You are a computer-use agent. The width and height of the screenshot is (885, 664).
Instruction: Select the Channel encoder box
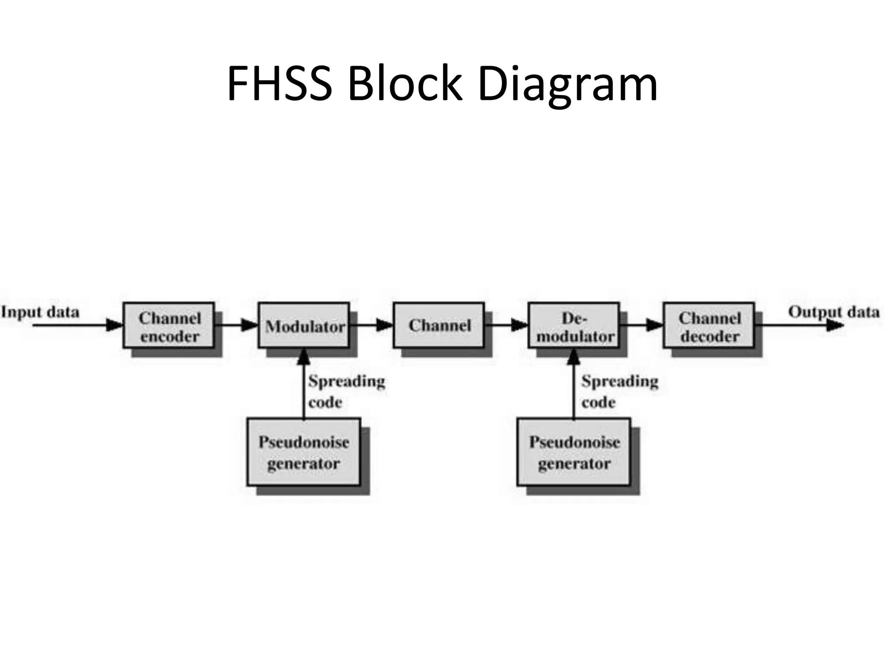point(169,326)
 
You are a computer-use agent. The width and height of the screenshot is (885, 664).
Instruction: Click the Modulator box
point(304,326)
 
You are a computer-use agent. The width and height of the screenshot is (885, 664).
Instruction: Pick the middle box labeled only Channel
point(439,326)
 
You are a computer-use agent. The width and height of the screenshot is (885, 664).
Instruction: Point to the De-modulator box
point(574,326)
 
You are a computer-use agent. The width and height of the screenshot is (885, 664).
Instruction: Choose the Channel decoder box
point(709,326)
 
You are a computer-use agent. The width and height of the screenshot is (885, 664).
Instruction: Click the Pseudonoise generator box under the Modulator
point(304,452)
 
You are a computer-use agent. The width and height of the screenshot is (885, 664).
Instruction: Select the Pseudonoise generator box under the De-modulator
point(574,452)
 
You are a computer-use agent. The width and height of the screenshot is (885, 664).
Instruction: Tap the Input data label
point(40,312)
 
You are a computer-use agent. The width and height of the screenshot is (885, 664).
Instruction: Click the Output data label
point(834,312)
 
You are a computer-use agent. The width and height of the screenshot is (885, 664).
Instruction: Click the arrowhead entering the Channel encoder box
point(115,325)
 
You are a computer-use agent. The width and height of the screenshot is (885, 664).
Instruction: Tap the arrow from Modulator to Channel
point(372,325)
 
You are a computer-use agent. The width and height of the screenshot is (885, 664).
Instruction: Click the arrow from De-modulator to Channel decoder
point(642,325)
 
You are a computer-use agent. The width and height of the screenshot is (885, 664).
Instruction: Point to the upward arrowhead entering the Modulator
point(304,357)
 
